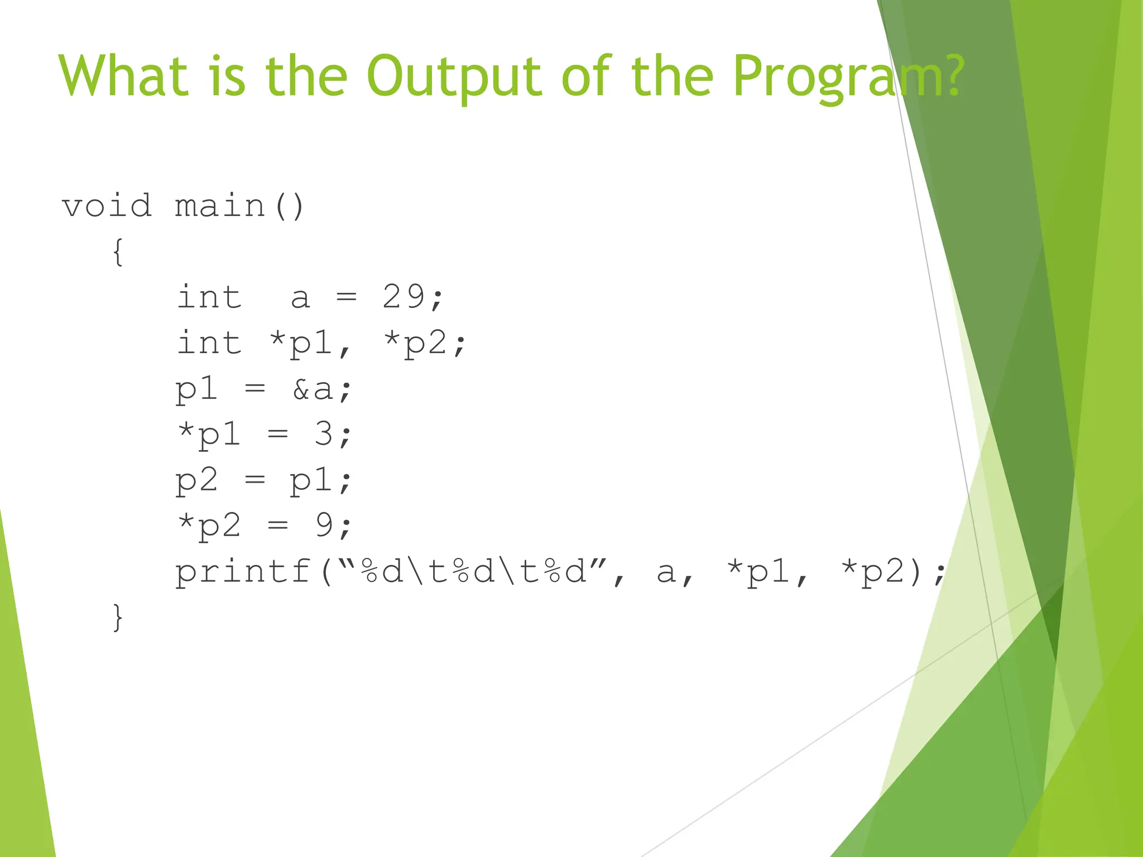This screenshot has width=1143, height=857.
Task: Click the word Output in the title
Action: pos(453,76)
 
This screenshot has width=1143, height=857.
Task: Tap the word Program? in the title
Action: pos(848,76)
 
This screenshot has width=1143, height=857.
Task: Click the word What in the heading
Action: pos(123,76)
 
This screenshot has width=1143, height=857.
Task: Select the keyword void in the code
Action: pos(106,206)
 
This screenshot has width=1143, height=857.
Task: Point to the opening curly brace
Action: pos(118,252)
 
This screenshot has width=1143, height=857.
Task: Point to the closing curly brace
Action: pos(118,617)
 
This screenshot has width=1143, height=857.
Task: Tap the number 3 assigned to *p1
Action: pos(323,434)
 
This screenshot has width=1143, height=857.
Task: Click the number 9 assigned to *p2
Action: pos(324,525)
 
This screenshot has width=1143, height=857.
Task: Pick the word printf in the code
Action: pos(243,572)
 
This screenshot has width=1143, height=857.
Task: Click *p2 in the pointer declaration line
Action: pos(416,343)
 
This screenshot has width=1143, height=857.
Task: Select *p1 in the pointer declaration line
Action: pos(301,343)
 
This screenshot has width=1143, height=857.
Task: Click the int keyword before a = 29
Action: pos(209,296)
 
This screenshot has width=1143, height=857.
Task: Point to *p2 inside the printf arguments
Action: pos(873,572)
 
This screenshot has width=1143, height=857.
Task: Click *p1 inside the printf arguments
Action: pos(758,572)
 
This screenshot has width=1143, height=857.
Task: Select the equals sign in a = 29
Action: pos(346,297)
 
